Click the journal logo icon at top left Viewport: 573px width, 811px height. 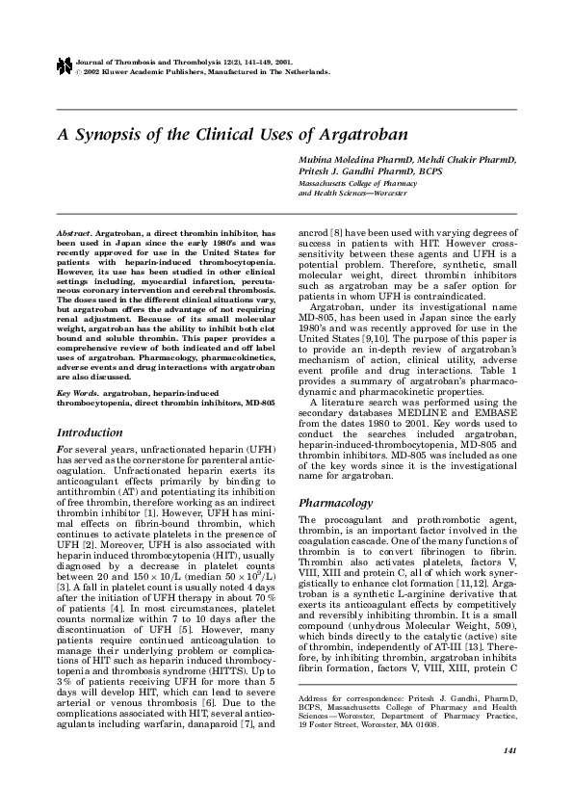click(x=64, y=66)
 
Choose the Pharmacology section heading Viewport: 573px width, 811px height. click(x=334, y=503)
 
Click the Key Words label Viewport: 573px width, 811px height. click(x=79, y=393)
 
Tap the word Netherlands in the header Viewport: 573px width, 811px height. click(x=308, y=71)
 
